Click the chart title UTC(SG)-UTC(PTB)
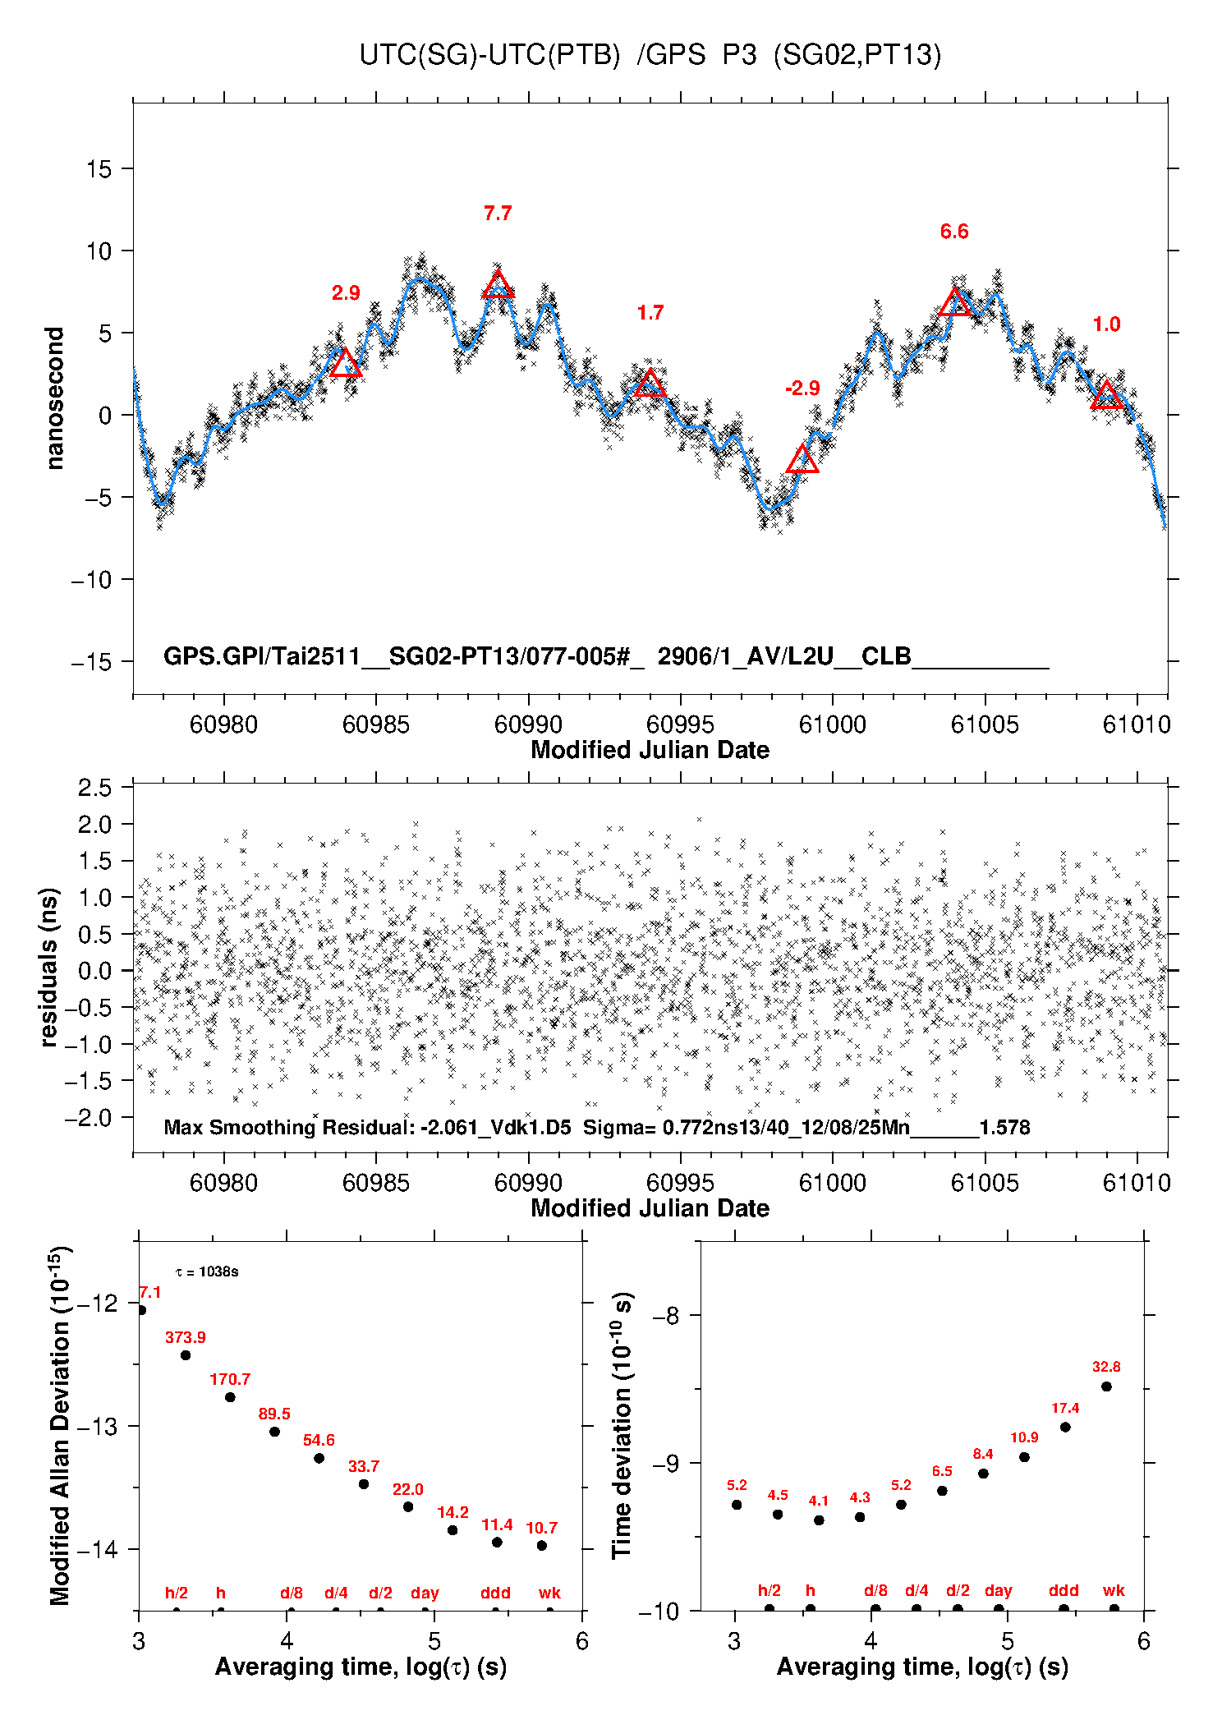[489, 55]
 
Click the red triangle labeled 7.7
[498, 285]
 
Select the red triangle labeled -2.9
[802, 460]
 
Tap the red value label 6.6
[954, 232]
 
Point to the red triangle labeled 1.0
[1107, 396]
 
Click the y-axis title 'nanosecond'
[54, 398]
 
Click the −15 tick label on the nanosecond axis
[91, 662]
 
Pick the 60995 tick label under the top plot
[680, 724]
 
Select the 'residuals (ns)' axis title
[49, 967]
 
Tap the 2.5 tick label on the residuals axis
[94, 788]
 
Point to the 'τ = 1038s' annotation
[207, 1272]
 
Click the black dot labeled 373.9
[186, 1355]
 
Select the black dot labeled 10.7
[542, 1546]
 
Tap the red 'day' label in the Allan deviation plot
[425, 1593]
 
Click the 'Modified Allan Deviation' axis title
[59, 1425]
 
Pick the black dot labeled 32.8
[1106, 1386]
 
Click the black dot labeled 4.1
[819, 1520]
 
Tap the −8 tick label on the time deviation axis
[665, 1316]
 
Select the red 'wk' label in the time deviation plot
[1114, 1591]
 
